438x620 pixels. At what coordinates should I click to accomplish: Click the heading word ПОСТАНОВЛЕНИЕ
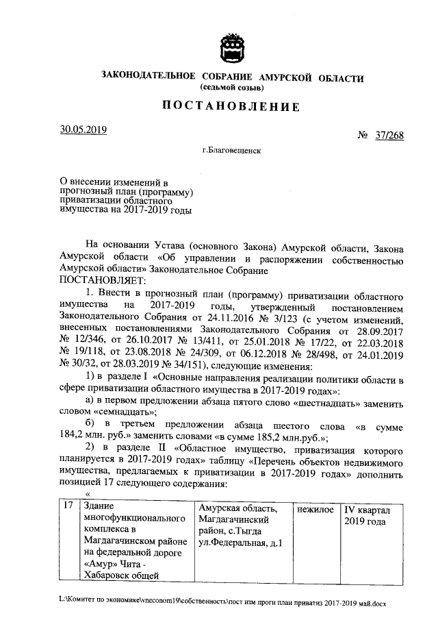tap(231, 107)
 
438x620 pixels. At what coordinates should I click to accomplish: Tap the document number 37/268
tap(389, 136)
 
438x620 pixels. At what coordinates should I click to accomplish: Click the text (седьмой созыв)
tap(231, 88)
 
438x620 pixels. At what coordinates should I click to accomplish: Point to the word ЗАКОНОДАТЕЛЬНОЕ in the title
tap(145, 77)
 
